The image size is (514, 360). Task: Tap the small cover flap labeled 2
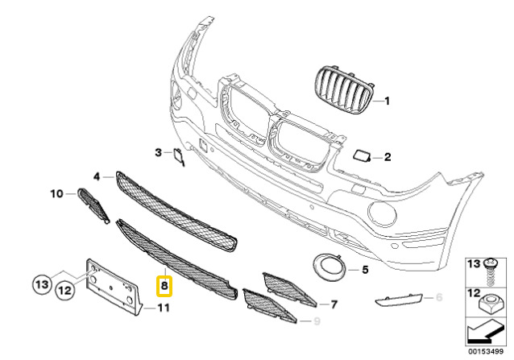pos(362,155)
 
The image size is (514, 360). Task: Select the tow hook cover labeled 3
pos(179,156)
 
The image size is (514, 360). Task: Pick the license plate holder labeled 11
pos(113,287)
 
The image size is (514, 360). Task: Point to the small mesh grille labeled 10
pos(93,205)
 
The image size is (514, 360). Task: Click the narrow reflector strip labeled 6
pos(398,300)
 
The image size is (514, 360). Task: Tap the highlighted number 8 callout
pos(164,286)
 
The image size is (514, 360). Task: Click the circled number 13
pos(42,284)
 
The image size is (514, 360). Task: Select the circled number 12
pos(65,290)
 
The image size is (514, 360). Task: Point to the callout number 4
pos(97,177)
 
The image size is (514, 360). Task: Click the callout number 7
pos(334,305)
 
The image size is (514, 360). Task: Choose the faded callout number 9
pos(317,321)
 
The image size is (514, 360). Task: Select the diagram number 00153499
pos(485,351)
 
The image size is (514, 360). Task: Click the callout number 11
pos(164,308)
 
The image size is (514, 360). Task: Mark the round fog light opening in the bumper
pos(382,214)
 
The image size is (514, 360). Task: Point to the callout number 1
pos(388,101)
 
